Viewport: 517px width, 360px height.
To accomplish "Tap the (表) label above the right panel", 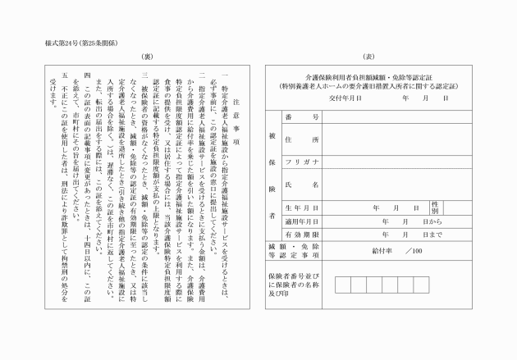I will (368, 57).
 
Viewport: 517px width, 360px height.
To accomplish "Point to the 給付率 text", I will (383, 250).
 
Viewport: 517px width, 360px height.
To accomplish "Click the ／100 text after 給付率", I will (412, 250).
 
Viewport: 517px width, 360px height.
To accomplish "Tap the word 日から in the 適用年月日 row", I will (432, 221).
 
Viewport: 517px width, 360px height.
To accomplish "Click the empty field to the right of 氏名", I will (393, 186).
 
